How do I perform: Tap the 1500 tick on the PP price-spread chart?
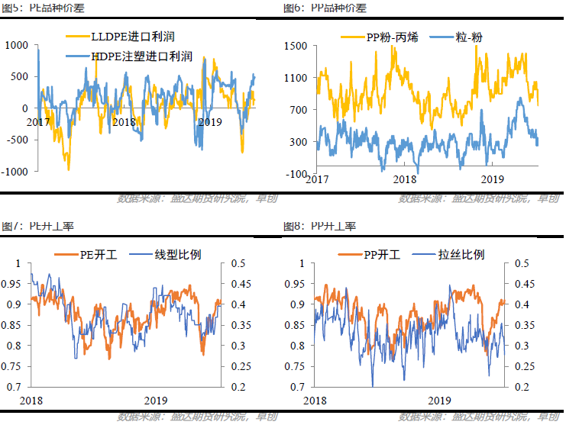click(x=296, y=46)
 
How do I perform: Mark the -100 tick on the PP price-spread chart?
click(x=297, y=174)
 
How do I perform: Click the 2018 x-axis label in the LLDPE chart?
click(x=123, y=122)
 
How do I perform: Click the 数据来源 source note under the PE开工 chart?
click(x=197, y=417)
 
